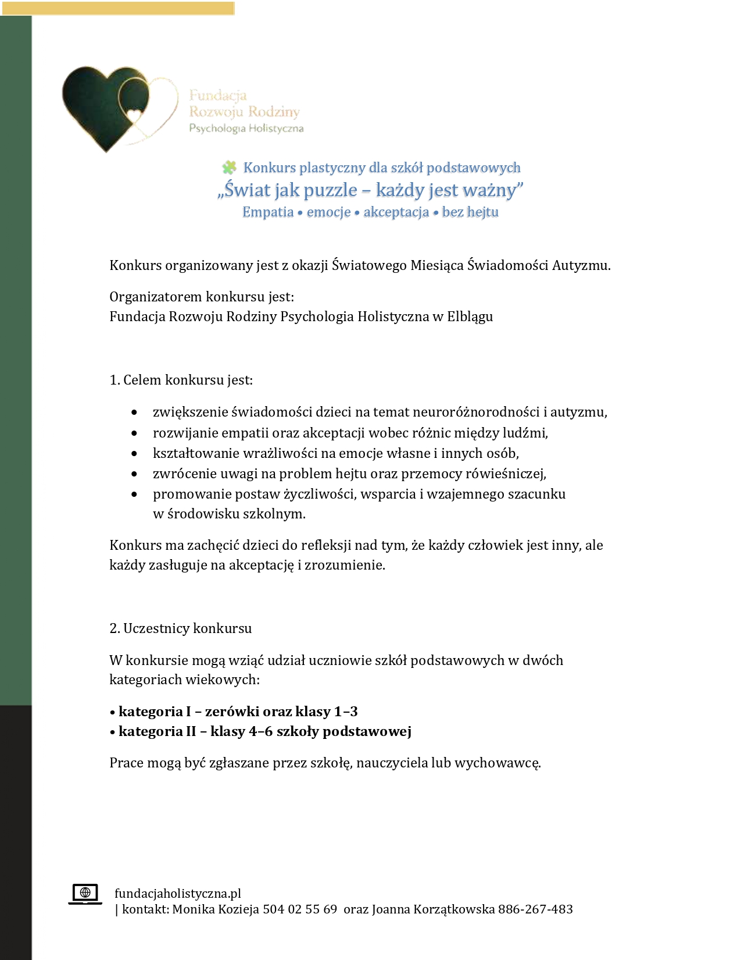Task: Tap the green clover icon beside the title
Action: click(229, 168)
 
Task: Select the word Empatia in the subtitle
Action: click(268, 212)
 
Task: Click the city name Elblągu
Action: click(470, 317)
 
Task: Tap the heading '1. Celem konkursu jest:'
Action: click(181, 380)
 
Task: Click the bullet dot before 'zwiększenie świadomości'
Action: click(134, 413)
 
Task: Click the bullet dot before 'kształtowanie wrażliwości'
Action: click(134, 454)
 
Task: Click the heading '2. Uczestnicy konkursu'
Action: click(180, 628)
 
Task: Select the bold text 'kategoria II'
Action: click(157, 731)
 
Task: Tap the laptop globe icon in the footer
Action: click(85, 894)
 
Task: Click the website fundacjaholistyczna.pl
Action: click(178, 894)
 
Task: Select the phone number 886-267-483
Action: click(535, 909)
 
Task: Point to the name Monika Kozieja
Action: click(216, 909)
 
